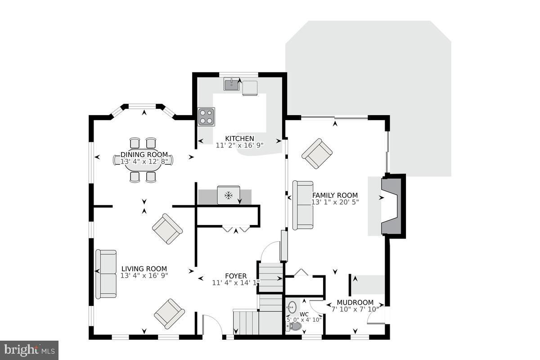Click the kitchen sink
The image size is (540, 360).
coord(231,84)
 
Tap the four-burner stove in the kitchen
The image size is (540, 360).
coord(207,117)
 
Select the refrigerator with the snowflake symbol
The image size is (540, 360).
coord(229,195)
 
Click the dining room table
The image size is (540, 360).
coord(143,160)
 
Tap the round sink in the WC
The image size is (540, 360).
coord(292,307)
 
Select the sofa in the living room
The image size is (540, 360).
coord(106,274)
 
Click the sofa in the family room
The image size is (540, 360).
coord(303,205)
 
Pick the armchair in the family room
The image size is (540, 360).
coord(317,153)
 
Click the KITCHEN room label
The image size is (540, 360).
coord(239,139)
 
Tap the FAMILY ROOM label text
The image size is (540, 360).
coord(335,195)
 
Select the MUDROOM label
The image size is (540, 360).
coord(355,302)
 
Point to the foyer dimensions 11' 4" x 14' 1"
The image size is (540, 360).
coord(236,283)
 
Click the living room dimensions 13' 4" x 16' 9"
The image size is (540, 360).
coord(144,275)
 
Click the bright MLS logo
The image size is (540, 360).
coord(29,350)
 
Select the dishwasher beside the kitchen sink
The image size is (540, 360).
coord(250,88)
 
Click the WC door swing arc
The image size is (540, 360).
coord(313,309)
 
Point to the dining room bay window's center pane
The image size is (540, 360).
coord(142,106)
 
